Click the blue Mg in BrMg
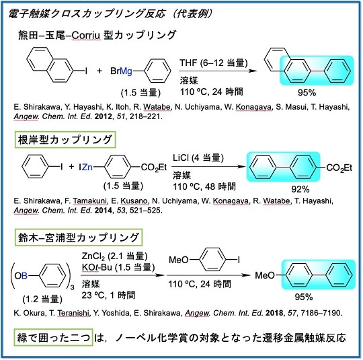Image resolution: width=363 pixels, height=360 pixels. pos(126,71)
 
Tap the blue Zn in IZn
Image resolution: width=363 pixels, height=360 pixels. pos(87,167)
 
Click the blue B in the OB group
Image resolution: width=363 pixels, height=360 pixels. pos(24,276)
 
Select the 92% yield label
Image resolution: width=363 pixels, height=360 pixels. pos(300,189)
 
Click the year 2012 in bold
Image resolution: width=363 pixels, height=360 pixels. pos(104,116)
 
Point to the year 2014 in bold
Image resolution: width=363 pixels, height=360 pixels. pos(104,210)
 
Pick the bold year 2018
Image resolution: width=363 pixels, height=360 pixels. pos(274,313)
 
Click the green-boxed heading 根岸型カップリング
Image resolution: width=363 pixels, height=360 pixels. pos(65,140)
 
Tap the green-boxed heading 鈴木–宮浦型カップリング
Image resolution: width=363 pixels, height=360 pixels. pos(79,238)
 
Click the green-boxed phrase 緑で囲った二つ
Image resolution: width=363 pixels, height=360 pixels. pos(54,338)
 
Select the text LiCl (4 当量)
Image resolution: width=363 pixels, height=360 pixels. pos(198,158)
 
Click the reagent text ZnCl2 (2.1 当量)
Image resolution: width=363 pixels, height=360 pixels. pos(114,256)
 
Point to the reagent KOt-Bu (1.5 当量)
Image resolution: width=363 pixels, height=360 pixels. pos(118,267)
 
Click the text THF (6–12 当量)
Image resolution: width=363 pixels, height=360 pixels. pos(214,63)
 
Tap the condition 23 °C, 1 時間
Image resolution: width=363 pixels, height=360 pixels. pos(108,295)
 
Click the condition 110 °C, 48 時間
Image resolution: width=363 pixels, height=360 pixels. pos(204,186)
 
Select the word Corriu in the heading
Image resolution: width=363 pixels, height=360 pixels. pos(86,36)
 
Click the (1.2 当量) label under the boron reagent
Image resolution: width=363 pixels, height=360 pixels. pos(42,299)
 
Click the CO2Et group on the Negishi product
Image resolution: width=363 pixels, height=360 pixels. pos(339,168)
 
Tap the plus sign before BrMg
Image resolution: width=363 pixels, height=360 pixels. pos(99,71)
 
